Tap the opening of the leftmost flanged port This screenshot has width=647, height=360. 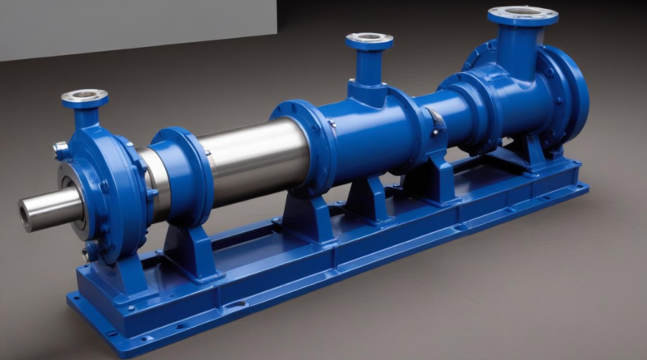(x=84, y=96)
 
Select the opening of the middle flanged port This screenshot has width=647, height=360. (x=370, y=37)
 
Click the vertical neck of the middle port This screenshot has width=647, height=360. (x=370, y=68)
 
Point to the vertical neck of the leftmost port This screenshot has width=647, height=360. (x=86, y=117)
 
